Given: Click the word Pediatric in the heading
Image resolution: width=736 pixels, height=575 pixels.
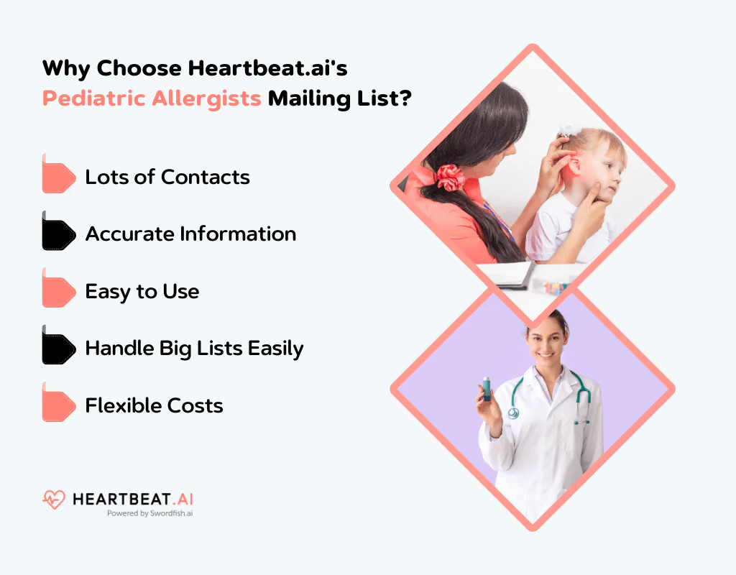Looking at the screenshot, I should point(93,98).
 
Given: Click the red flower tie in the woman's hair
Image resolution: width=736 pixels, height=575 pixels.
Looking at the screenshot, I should point(450,177).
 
